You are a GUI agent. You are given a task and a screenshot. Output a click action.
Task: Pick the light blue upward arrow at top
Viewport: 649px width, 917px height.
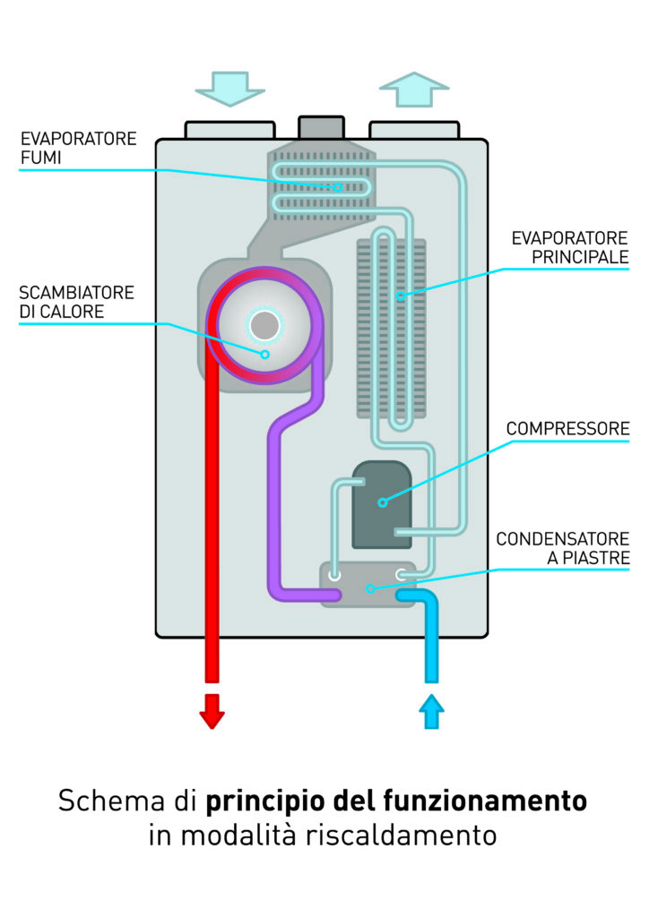pos(413,90)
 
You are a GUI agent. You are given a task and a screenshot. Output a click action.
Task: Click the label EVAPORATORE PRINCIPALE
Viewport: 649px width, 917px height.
pos(569,248)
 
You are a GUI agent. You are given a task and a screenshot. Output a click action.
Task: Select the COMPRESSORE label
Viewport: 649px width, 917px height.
pos(567,429)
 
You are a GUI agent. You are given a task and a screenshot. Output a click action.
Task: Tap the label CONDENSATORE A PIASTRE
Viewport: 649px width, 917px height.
pos(562,548)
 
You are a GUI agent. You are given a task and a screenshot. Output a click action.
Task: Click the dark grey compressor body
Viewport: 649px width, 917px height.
pos(382,504)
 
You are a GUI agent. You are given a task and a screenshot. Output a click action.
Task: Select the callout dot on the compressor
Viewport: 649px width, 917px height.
pos(383,502)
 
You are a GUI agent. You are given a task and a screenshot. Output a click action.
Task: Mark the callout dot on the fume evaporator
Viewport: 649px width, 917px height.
pos(338,187)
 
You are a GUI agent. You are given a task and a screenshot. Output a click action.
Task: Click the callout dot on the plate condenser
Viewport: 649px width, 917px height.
pos(370,588)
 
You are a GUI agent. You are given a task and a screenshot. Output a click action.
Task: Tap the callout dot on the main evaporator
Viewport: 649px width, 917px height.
pos(400,295)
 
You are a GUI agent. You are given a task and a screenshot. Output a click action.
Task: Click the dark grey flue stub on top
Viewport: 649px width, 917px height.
pos(320,127)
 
